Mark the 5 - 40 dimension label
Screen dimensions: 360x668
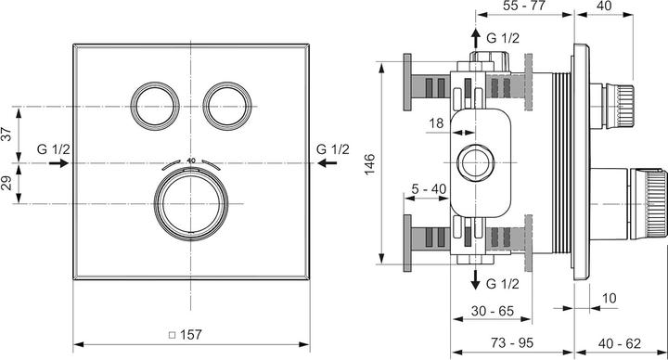point(430,189)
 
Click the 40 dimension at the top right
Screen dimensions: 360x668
point(605,6)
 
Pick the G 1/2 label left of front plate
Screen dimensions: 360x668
point(52,148)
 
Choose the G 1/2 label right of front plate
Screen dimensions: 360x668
point(332,148)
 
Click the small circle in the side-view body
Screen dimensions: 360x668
point(479,159)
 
